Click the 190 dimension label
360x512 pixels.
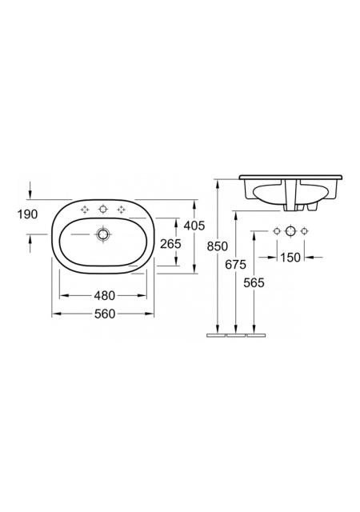pos(28,214)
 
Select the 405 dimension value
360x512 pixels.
pos(194,226)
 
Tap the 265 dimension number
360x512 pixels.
pos(170,243)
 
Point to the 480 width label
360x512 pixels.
pos(105,295)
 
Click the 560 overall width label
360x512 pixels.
pos(105,314)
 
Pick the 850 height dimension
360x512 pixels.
pos(218,246)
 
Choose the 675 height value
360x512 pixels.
pos(235,265)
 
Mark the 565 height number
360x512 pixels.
pos(254,282)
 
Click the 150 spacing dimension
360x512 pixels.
pos(290,258)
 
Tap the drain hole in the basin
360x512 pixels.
pos(103,234)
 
